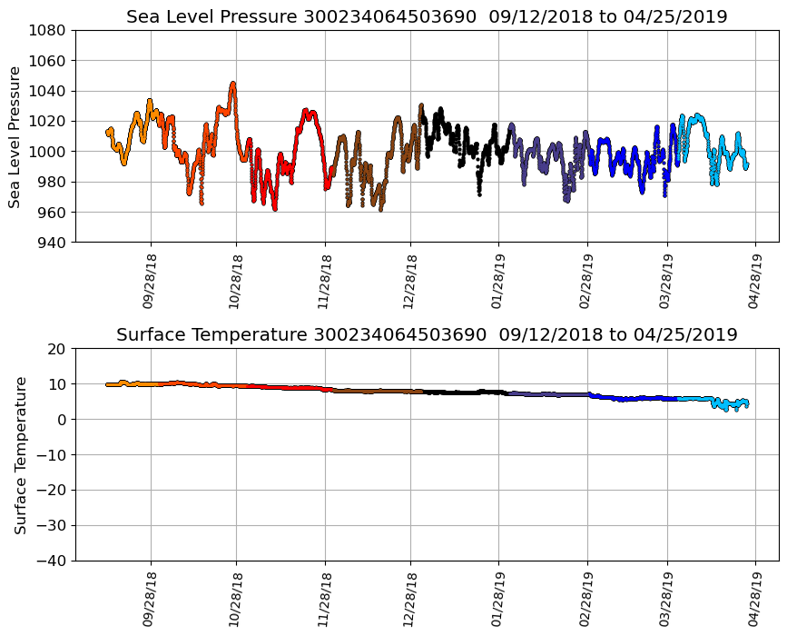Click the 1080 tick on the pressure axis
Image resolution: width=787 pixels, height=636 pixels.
click(x=50, y=30)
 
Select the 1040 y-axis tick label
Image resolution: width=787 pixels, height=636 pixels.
click(x=50, y=91)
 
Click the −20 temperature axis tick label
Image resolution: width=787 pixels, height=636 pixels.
click(x=50, y=491)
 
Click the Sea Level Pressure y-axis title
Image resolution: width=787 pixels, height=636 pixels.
click(x=15, y=136)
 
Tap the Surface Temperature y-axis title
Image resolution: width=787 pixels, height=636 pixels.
click(x=20, y=454)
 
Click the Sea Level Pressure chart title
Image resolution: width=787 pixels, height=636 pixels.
click(x=427, y=17)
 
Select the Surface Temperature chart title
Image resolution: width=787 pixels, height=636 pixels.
click(x=427, y=335)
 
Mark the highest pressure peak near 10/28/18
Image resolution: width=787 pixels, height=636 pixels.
click(x=233, y=84)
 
